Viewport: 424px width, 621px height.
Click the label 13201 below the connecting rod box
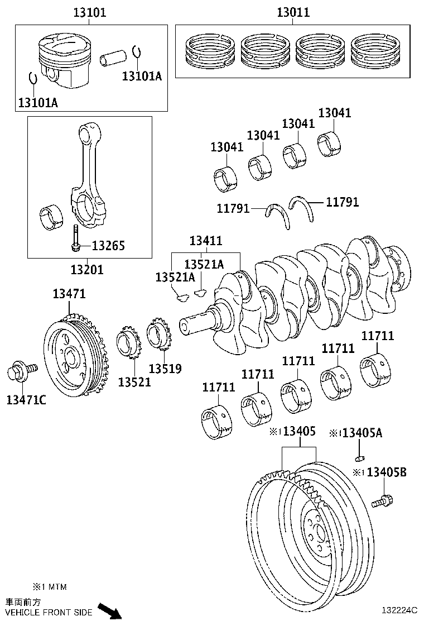(87, 270)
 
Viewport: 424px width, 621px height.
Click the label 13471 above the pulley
(69, 294)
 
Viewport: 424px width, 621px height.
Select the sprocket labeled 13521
(128, 347)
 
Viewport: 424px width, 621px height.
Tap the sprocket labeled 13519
(160, 337)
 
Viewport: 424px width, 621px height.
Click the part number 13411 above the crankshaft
(205, 241)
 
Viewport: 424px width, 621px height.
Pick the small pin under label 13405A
(360, 458)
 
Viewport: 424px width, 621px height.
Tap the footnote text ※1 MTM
(50, 587)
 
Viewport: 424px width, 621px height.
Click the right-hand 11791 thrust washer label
(342, 202)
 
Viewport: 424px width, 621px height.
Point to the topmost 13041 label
(335, 113)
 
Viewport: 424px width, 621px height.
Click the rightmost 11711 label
(378, 336)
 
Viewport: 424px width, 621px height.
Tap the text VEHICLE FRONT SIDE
(49, 613)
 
